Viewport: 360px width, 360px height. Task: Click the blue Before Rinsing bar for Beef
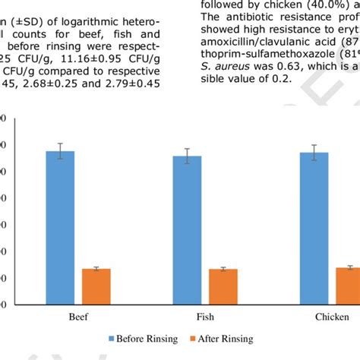(61, 228)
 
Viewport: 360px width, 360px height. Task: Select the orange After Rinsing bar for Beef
(96, 287)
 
